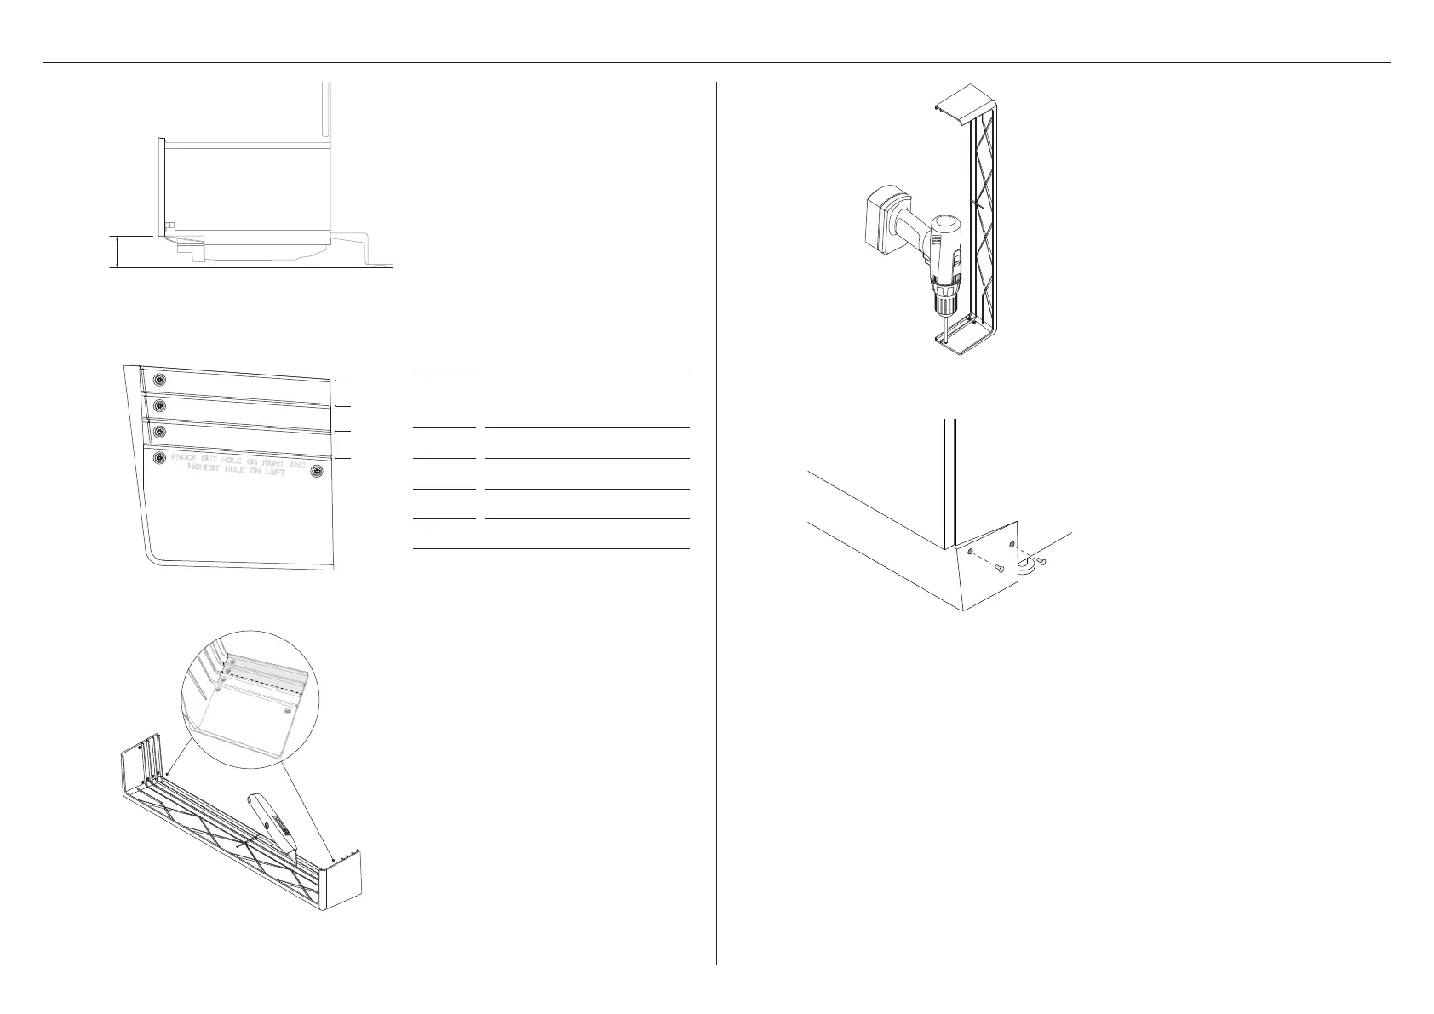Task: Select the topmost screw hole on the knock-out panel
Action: click(x=158, y=379)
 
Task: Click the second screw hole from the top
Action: click(x=158, y=404)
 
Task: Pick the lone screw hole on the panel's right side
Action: click(x=318, y=470)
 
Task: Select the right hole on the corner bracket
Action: click(x=1012, y=543)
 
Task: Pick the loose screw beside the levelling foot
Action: click(x=1041, y=562)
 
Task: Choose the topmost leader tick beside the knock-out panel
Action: click(x=342, y=381)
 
